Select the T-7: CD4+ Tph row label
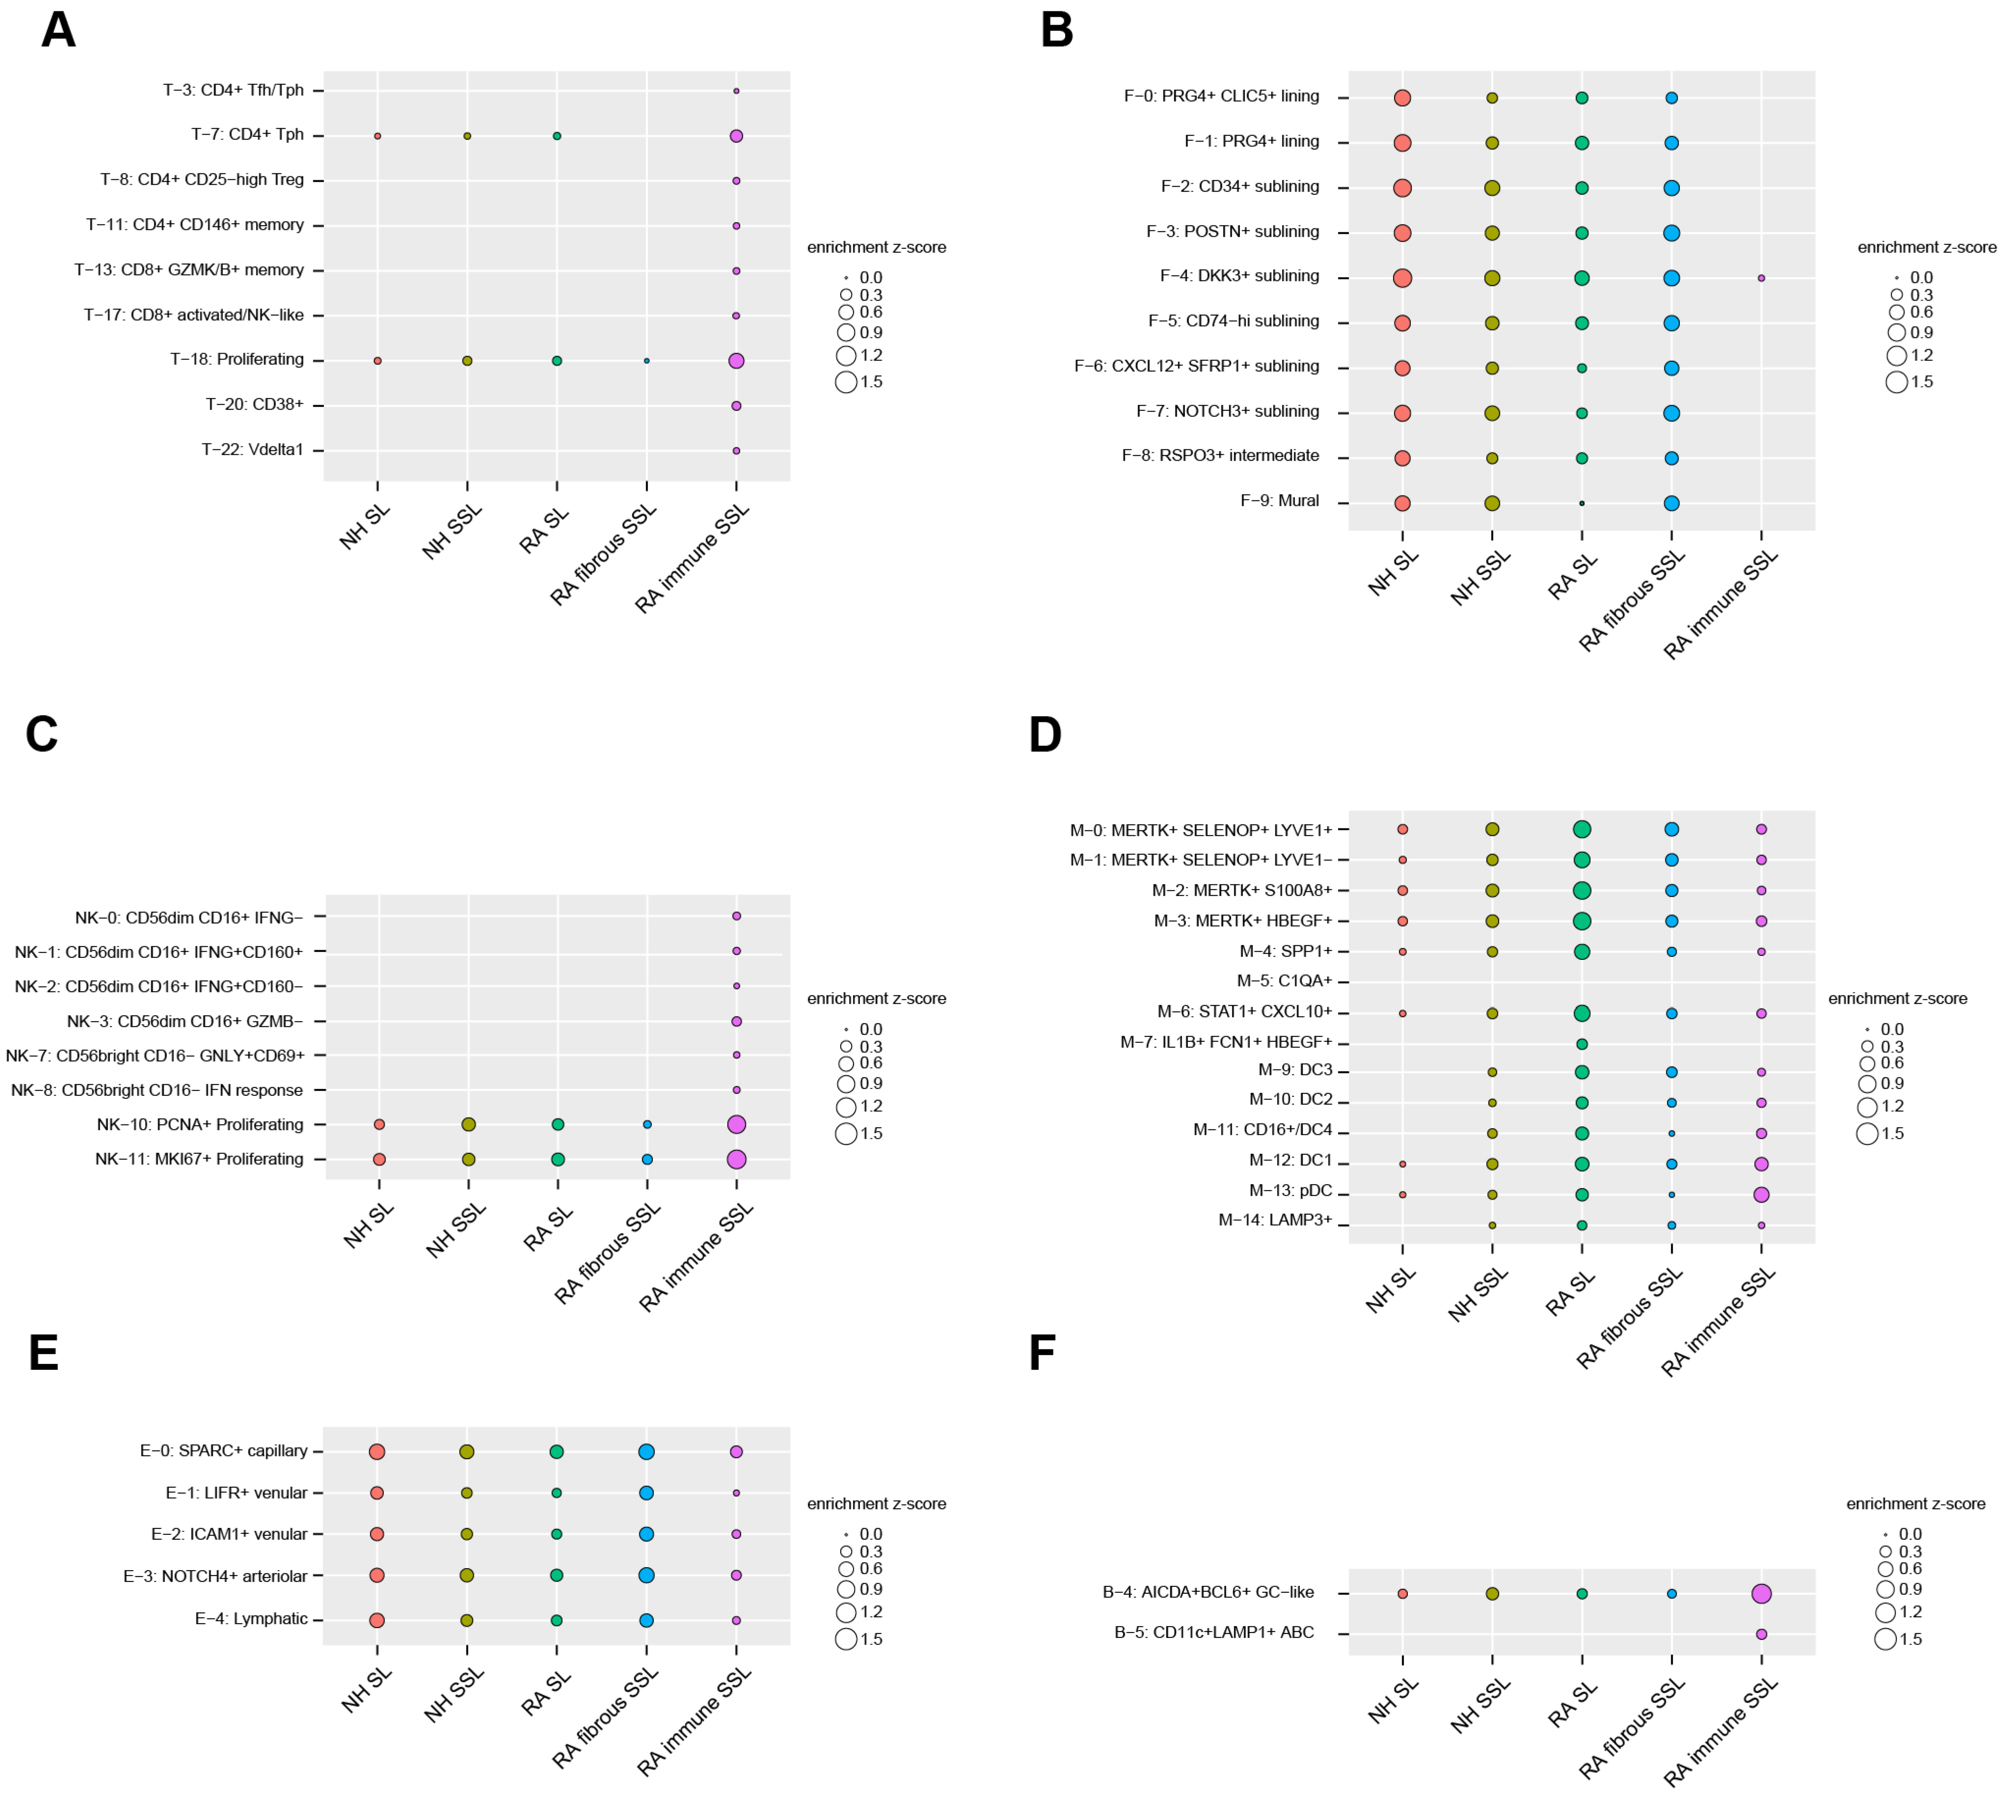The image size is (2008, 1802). click(248, 135)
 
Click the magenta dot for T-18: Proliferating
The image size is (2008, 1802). click(736, 360)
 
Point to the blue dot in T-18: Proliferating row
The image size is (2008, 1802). click(647, 360)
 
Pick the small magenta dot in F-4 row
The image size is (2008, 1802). click(1760, 278)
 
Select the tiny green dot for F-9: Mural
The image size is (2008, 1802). click(1581, 503)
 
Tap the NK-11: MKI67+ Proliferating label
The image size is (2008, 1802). click(199, 1158)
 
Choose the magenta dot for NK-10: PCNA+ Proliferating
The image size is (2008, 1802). click(736, 1124)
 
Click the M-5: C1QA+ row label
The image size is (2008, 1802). click(1284, 981)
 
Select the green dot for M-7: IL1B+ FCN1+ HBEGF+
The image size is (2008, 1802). click(1581, 1043)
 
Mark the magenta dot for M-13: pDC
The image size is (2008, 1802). click(1760, 1194)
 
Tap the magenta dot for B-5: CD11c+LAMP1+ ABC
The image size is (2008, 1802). click(1760, 1635)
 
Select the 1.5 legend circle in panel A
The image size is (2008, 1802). click(846, 382)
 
